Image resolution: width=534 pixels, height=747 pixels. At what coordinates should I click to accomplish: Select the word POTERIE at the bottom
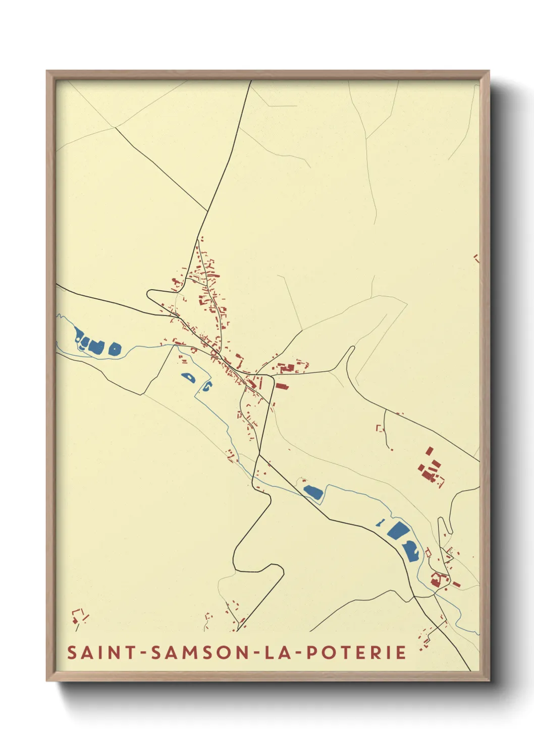coord(357,653)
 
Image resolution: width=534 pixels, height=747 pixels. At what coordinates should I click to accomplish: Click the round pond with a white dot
coord(115,348)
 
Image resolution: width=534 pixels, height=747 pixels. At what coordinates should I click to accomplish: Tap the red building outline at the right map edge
coord(476,258)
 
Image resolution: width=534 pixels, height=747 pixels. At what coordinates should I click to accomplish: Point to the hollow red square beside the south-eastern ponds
coord(429,553)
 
